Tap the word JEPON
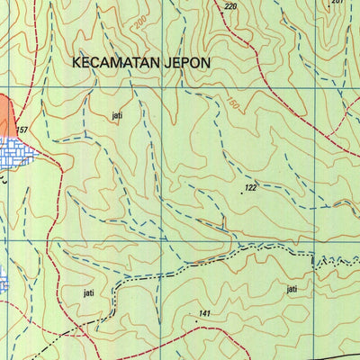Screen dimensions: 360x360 point(185,63)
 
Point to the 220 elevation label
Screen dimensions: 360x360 point(231,6)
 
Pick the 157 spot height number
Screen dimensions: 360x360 point(21,131)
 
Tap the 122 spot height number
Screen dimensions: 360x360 point(250,188)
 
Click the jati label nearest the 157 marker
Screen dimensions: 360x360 point(116,116)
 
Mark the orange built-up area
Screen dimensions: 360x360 point(6,117)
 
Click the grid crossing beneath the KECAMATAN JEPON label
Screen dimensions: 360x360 point(164,88)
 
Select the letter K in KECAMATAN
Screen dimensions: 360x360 point(76,63)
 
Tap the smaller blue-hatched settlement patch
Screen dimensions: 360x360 point(4,279)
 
